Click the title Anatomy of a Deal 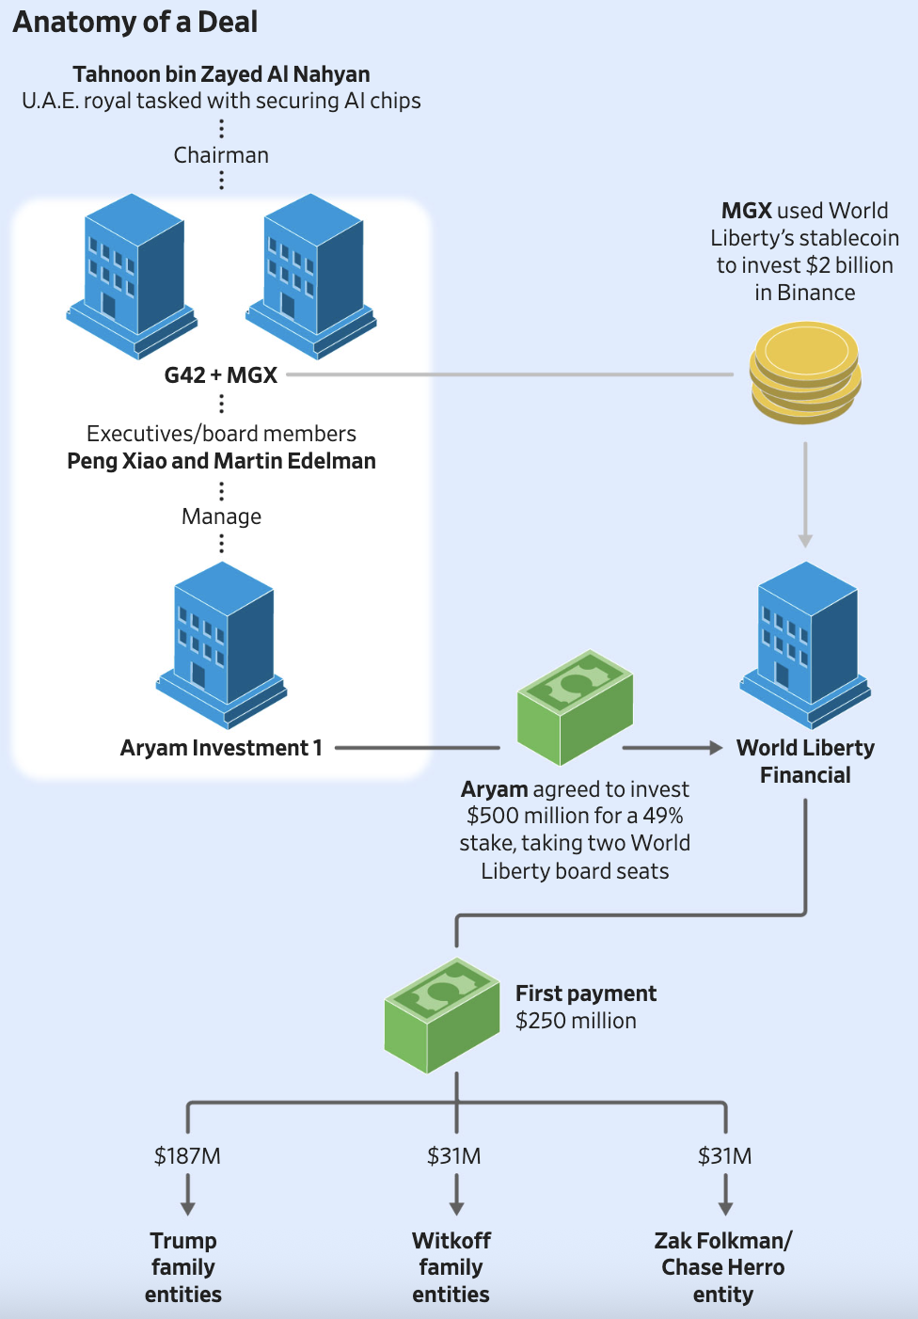point(135,22)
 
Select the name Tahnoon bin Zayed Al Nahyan point(221,74)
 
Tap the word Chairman point(221,155)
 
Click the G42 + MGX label point(221,375)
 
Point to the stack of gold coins point(805,372)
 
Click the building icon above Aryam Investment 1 point(222,644)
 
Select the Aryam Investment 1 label point(221,748)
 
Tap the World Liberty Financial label point(805,761)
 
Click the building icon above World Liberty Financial point(806,644)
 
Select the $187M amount point(187,1156)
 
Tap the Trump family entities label point(183,1267)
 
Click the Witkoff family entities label point(451,1267)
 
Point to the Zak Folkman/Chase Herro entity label point(723,1267)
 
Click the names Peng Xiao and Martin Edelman point(221,461)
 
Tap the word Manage point(221,516)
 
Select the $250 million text point(576,1021)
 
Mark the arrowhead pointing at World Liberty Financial point(716,748)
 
